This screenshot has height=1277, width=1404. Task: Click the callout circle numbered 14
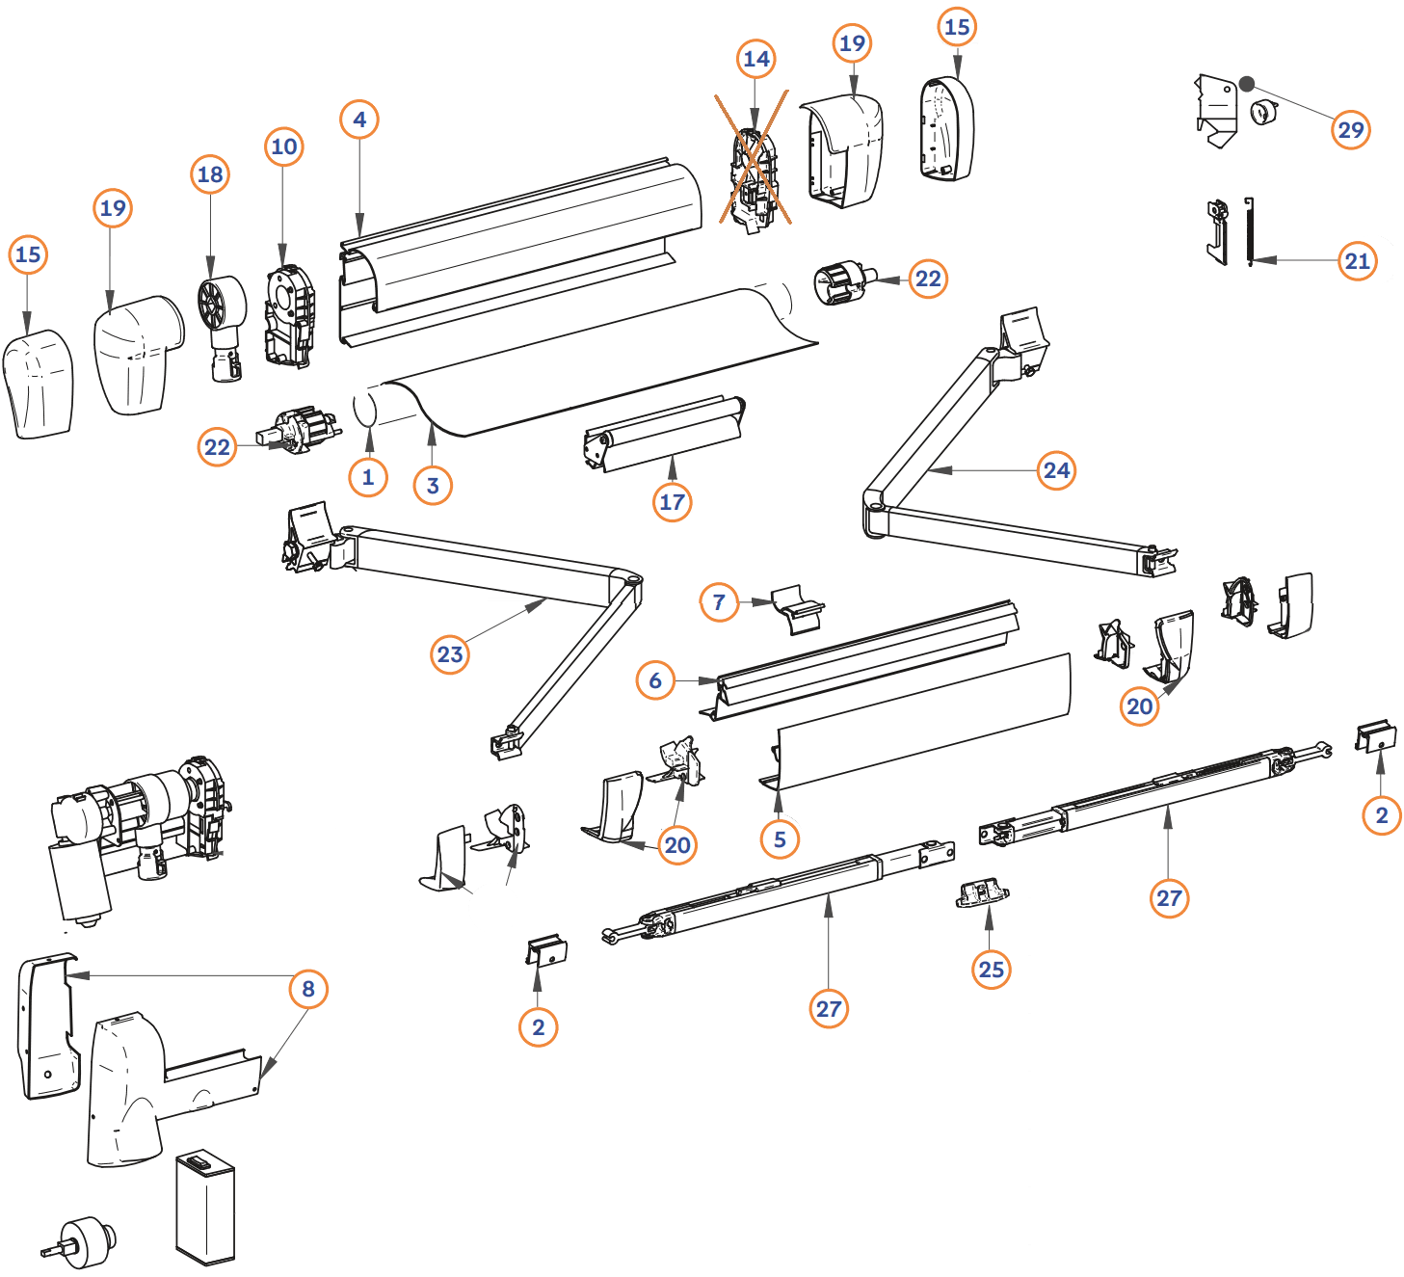(x=756, y=60)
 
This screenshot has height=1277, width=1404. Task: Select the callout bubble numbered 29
(x=1351, y=129)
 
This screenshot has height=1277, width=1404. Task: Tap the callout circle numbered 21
(x=1357, y=260)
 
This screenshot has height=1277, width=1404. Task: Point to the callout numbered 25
(x=992, y=970)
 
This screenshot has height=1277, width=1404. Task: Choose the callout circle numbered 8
(x=308, y=989)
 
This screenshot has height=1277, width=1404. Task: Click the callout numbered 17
(x=672, y=501)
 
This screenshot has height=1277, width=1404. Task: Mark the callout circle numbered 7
(x=719, y=602)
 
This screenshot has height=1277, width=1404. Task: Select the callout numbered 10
(x=283, y=146)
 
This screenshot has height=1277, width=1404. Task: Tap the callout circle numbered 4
(x=359, y=120)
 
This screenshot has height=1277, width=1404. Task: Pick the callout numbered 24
(x=1057, y=470)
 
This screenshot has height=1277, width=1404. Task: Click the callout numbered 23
(x=450, y=654)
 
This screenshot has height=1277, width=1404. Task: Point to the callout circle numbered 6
(x=655, y=680)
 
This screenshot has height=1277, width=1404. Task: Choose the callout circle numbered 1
(x=367, y=477)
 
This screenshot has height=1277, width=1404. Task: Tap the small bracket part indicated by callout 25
(x=982, y=893)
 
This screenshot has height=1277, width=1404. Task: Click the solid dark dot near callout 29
(x=1247, y=84)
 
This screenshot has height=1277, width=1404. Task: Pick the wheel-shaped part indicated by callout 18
(x=223, y=304)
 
